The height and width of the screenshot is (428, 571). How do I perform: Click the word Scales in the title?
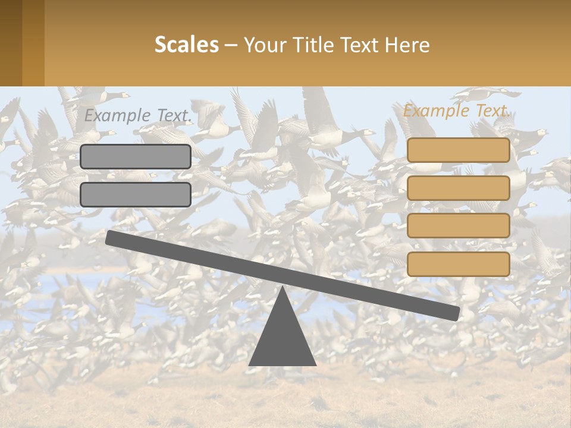click(186, 45)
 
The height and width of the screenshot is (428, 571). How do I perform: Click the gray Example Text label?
click(137, 116)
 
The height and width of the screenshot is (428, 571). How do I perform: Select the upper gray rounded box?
click(136, 156)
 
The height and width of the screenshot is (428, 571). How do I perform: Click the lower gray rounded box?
click(136, 194)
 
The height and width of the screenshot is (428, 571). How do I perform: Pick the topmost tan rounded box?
click(458, 150)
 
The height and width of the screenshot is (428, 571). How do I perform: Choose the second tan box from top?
click(458, 188)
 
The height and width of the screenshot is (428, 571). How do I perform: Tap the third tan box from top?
click(458, 225)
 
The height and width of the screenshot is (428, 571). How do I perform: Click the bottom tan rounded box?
click(458, 264)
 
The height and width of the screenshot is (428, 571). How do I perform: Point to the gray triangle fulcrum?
click(283, 339)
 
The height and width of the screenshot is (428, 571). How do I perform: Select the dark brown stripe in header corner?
click(11, 43)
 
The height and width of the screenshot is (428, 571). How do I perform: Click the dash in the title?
click(231, 45)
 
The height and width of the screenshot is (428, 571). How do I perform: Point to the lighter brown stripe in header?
click(33, 43)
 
